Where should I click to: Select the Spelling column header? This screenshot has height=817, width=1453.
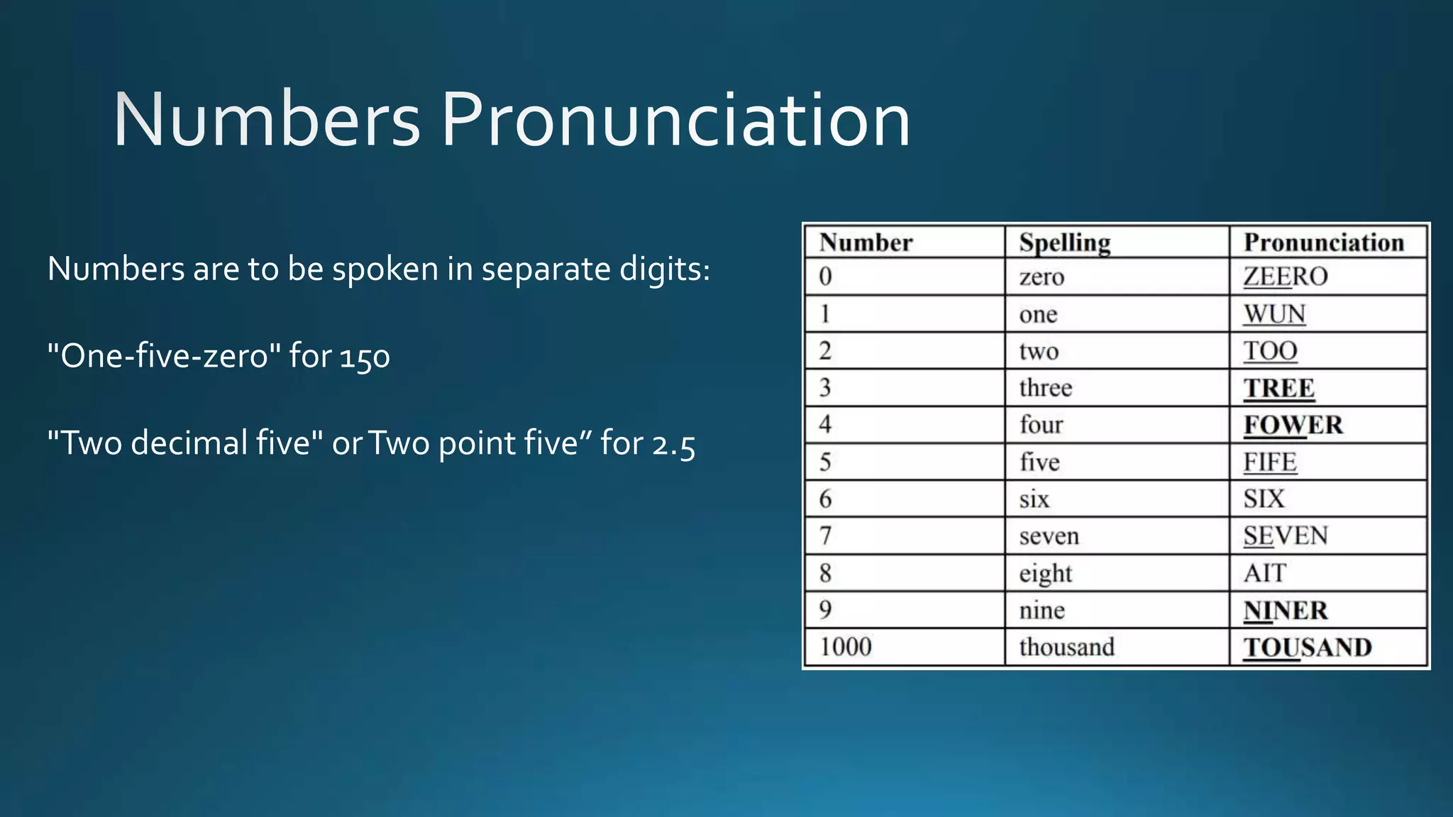[1064, 243]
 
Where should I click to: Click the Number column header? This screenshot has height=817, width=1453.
[866, 243]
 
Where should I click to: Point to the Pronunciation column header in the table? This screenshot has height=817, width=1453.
[1324, 243]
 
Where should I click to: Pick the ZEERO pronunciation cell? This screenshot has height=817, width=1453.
[1285, 277]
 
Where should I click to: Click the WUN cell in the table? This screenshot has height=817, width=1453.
[1274, 314]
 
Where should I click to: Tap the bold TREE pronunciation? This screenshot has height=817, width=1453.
[1279, 388]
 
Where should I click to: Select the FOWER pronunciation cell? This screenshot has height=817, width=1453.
[1293, 425]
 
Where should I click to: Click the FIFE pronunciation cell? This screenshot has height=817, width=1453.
[1270, 462]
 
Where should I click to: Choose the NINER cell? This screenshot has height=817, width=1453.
[1285, 610]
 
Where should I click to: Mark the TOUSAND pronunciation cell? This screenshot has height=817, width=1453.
[1307, 648]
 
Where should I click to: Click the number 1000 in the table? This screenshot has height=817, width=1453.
[845, 647]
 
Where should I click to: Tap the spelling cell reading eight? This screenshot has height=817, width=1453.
[1045, 573]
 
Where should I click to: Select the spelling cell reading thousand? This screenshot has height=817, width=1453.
[1066, 647]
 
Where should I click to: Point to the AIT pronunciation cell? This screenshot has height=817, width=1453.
[1264, 573]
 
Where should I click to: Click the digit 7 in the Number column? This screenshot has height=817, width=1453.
[825, 536]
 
